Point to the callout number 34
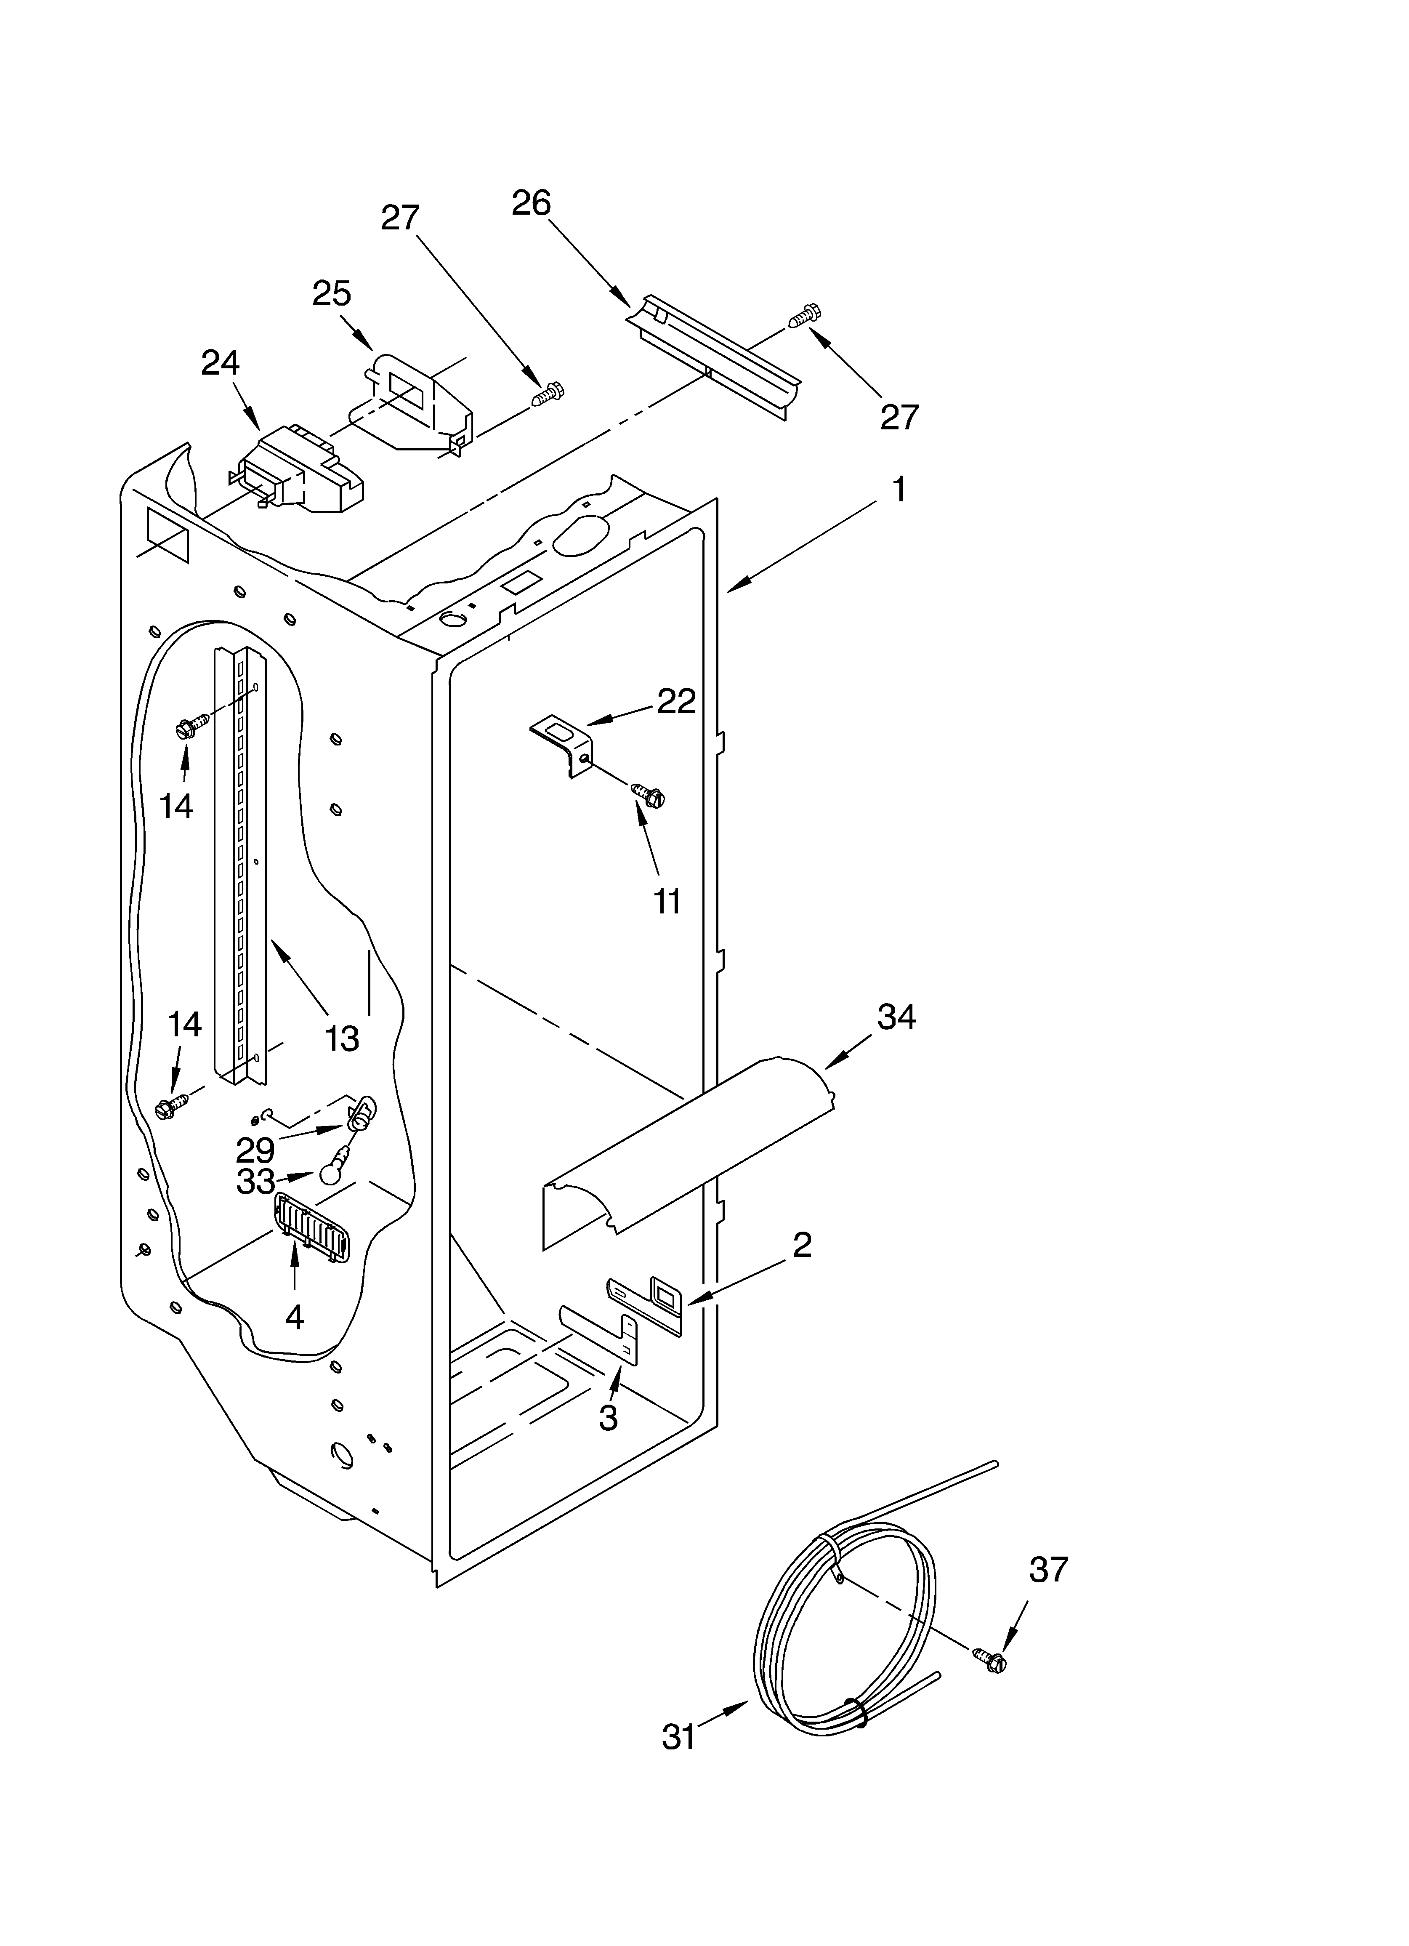[897, 1017]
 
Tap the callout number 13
[342, 1039]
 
